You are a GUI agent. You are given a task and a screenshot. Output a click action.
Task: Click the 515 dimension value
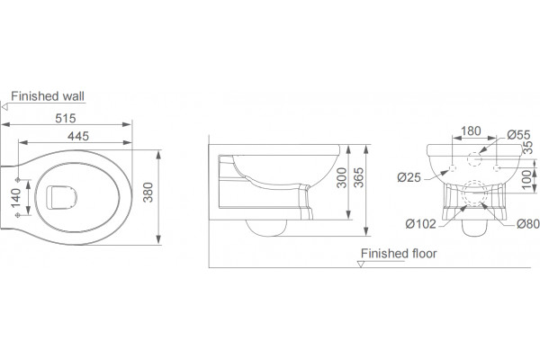click(66, 119)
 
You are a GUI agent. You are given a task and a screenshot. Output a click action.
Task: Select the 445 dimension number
click(78, 137)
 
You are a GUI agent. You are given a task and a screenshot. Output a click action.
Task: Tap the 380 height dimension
click(148, 193)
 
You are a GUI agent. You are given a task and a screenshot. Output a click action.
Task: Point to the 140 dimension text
click(16, 198)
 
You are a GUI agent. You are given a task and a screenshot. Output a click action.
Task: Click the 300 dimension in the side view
click(342, 177)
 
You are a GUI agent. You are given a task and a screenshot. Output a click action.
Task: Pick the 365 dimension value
click(358, 177)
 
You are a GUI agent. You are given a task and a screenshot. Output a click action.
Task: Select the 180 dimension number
click(471, 131)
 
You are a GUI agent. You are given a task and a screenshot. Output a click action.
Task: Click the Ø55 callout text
click(518, 135)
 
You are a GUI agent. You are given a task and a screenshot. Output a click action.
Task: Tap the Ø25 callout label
click(409, 177)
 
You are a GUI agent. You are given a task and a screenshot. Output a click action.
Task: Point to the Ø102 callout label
click(421, 224)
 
